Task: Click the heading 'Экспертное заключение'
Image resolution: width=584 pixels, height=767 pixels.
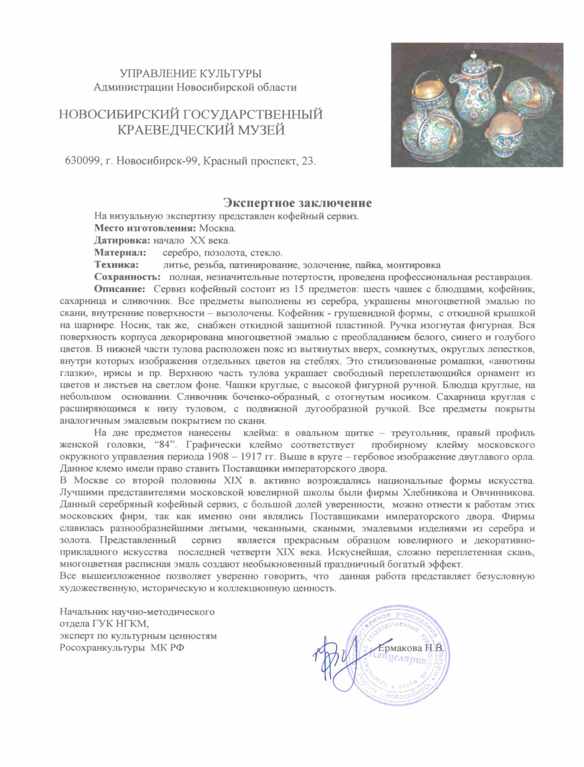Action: pyautogui.click(x=297, y=203)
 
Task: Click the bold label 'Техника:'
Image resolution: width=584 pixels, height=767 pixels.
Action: pyautogui.click(x=116, y=265)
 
